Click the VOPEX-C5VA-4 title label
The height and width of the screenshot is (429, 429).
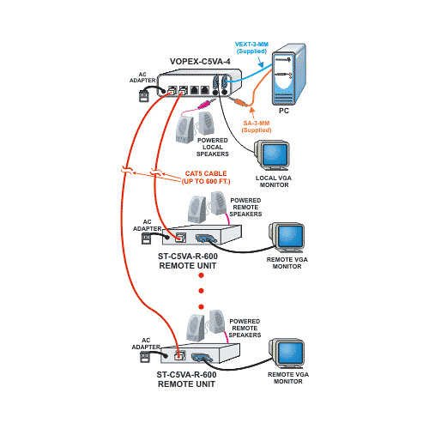pos(200,62)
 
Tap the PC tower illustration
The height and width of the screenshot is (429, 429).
pos(288,75)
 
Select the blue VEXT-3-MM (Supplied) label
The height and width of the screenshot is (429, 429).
pos(251,48)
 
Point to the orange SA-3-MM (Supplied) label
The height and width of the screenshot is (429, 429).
pos(257,127)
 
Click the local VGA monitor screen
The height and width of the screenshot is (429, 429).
pos(275,154)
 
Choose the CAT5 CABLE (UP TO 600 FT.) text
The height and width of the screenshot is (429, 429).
pos(206,178)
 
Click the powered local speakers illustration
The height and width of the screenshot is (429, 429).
pos(195,127)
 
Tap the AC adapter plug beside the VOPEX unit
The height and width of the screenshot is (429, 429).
pos(144,96)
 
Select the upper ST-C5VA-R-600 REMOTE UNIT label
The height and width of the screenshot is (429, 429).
pos(188,261)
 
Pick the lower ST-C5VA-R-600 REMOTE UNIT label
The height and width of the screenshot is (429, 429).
pos(186,379)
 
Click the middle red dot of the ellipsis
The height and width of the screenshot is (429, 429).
pos(201,291)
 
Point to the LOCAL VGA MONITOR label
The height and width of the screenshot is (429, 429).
pos(274,181)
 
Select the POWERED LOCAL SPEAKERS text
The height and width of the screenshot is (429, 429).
pos(213,147)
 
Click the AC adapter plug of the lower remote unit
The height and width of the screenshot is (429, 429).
pos(145,357)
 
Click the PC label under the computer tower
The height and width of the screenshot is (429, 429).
pos(284,111)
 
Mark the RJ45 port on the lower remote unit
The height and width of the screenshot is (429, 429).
pos(180,355)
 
